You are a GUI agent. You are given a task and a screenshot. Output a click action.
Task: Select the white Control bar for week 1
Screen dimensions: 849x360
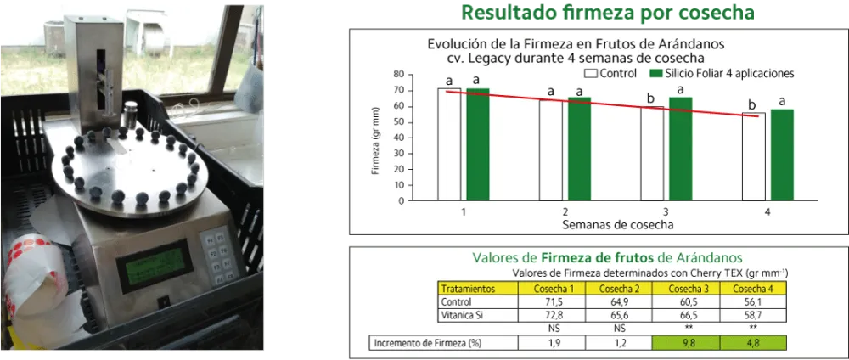[x=449, y=144]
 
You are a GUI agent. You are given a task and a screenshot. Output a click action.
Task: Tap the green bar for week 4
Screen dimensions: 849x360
[x=782, y=155]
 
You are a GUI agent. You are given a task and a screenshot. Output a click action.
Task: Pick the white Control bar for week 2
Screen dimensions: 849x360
[x=551, y=150]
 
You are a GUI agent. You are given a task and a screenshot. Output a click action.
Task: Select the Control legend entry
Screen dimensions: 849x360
[x=609, y=73]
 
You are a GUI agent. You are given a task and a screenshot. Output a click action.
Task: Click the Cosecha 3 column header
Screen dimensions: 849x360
[x=686, y=288]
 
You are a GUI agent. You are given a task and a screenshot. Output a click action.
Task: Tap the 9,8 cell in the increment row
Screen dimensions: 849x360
[x=686, y=343]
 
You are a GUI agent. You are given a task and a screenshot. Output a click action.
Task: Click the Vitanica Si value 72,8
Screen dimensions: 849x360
[x=552, y=315]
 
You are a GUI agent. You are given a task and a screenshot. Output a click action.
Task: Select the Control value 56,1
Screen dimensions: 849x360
[x=753, y=301]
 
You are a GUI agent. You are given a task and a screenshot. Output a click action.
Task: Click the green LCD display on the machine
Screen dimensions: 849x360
[x=155, y=265]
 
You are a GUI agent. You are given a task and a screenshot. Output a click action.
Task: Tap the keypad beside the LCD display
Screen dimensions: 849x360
[x=219, y=255]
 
